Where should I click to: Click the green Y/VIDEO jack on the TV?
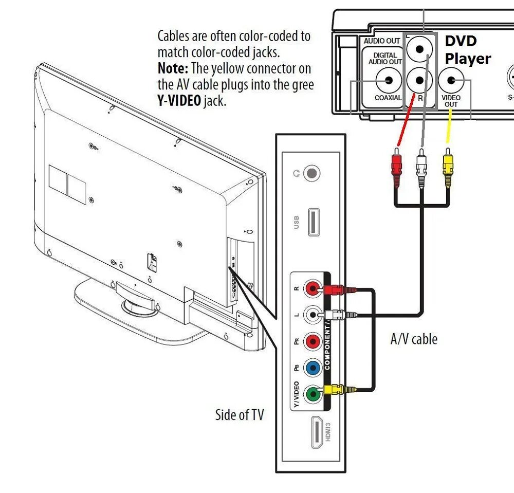coord(311,395)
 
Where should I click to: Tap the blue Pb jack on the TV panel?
coord(311,368)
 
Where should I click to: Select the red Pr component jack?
coord(311,341)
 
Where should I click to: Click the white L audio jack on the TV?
coord(311,314)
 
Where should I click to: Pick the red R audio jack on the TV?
coord(311,287)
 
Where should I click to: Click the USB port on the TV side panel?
coord(315,222)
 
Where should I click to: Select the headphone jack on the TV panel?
coord(311,173)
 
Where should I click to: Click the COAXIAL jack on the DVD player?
coord(388,80)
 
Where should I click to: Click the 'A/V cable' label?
coord(414,339)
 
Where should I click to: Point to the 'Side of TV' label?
coord(239,415)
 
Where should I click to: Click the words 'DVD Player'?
coord(467,50)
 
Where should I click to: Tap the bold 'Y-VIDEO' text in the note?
coord(179,101)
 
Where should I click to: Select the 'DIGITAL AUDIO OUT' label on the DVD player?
coord(385,58)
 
